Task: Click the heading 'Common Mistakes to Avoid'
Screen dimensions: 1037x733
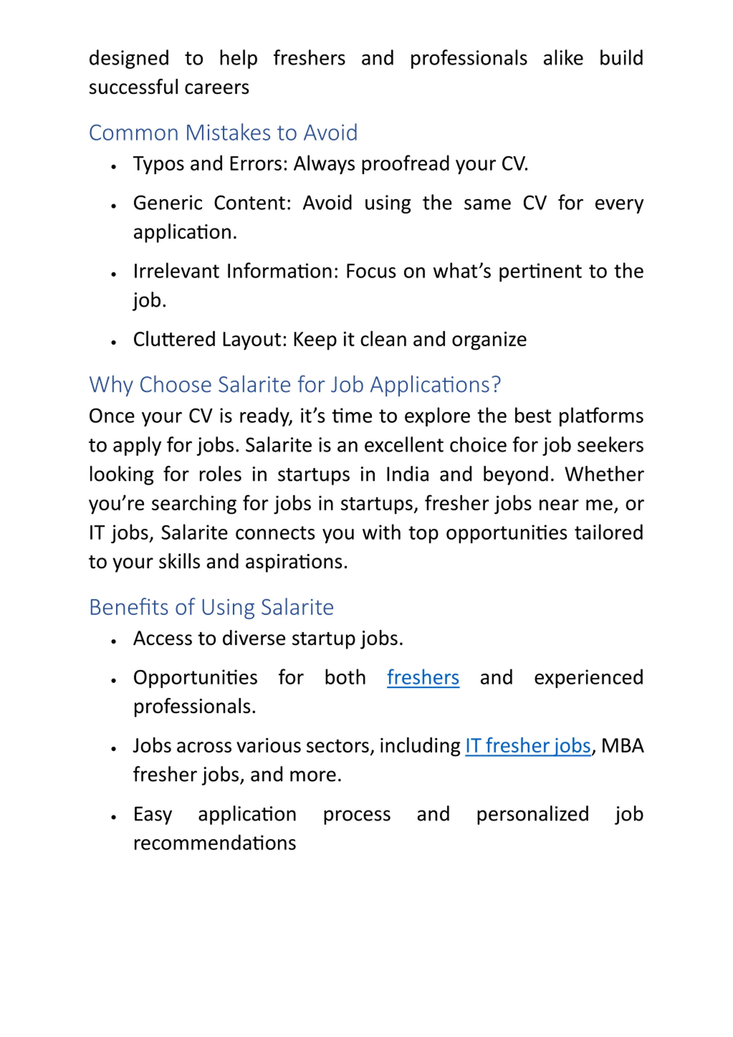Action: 223,133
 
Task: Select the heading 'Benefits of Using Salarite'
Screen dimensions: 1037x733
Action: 211,607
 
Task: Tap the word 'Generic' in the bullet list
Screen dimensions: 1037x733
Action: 168,203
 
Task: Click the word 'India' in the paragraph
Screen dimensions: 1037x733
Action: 407,475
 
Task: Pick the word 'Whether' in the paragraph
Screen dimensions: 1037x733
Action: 604,475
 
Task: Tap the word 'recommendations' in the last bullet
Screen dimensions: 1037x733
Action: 214,843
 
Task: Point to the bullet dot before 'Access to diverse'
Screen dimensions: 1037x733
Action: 114,641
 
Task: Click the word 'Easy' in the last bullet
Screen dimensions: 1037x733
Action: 152,814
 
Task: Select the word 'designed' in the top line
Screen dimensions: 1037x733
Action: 129,59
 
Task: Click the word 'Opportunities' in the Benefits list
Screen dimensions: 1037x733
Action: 195,678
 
